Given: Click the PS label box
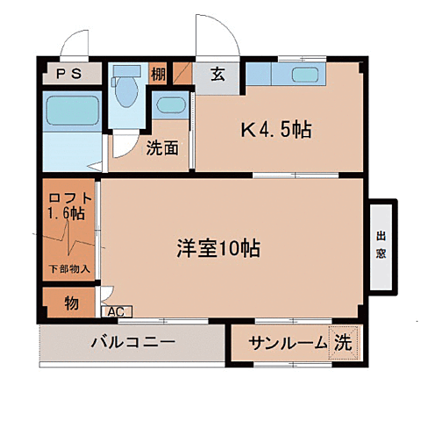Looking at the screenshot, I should [73, 75].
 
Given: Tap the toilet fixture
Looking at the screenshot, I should [128, 84].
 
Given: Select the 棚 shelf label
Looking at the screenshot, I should [158, 75].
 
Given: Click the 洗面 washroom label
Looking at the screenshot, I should [162, 148].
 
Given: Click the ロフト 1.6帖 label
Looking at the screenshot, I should [68, 205].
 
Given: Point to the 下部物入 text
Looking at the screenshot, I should [68, 268].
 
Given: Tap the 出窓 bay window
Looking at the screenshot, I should [382, 246].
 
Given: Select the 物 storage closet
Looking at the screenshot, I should [70, 303].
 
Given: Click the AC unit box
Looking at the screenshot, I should [115, 310].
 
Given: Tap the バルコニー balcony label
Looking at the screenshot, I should [132, 343].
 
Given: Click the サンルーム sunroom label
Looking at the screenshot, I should [286, 344].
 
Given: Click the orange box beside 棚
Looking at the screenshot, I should [182, 74].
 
